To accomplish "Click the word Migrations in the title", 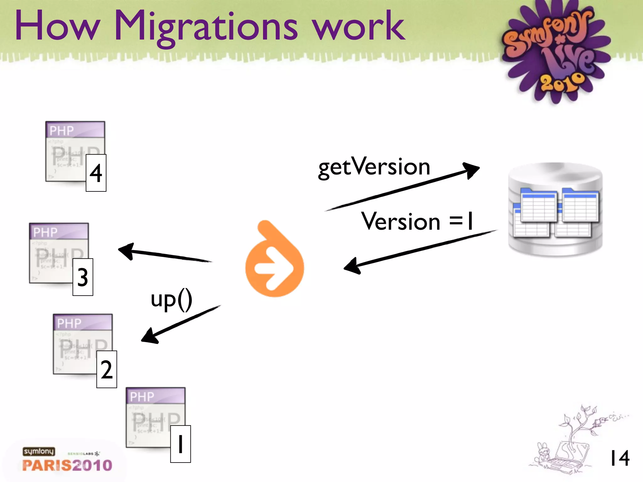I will tap(206, 27).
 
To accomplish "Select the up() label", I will tap(171, 299).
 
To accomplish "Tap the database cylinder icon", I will tap(555, 210).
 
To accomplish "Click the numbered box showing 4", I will tap(96, 173).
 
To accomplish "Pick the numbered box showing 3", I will tap(83, 277).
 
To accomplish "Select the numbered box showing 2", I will tap(107, 369).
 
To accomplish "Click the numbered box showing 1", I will tap(181, 444).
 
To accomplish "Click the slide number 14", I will tap(619, 458).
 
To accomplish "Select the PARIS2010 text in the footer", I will tap(67, 465).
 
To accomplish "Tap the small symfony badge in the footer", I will tap(39, 451).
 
